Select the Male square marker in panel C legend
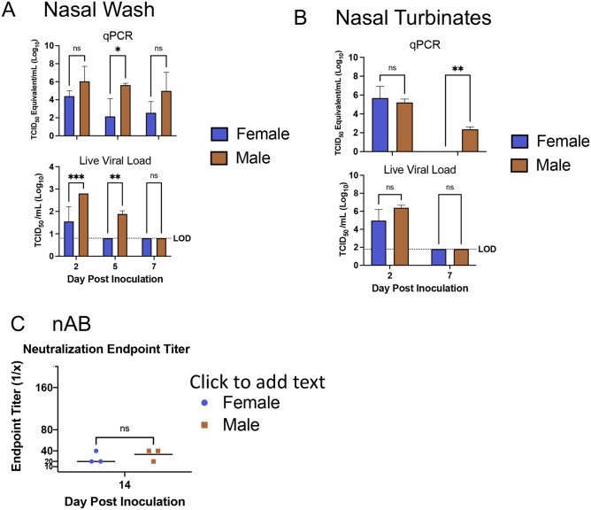click(204, 425)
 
